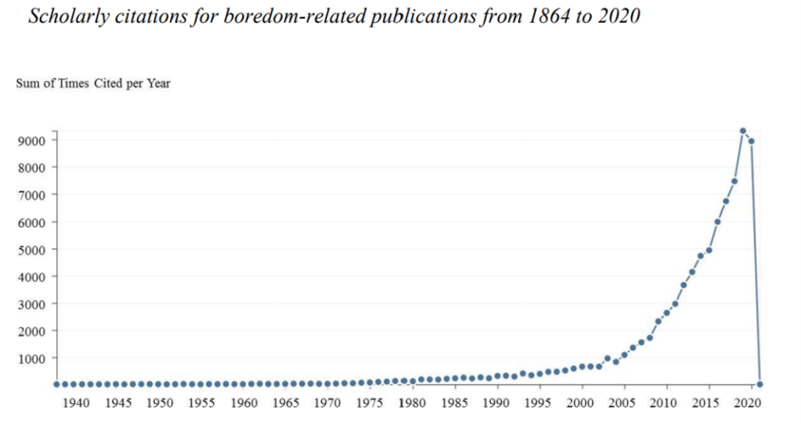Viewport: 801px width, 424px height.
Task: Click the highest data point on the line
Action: point(742,131)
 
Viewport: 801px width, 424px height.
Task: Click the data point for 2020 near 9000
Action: point(752,142)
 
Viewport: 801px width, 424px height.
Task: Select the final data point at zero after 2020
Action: point(760,384)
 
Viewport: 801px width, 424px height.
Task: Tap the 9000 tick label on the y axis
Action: point(36,141)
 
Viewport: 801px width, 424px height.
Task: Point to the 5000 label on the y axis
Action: point(36,250)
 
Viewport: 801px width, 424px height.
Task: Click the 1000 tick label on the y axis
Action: point(36,358)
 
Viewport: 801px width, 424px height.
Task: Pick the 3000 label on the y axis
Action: point(36,304)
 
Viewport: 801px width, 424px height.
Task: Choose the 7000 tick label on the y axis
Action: point(36,195)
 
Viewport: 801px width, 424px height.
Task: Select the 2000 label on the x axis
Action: point(580,403)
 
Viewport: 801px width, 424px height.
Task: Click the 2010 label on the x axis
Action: point(664,403)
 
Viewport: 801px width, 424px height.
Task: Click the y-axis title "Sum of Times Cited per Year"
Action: point(93,84)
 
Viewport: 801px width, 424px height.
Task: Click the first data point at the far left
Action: point(56,384)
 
